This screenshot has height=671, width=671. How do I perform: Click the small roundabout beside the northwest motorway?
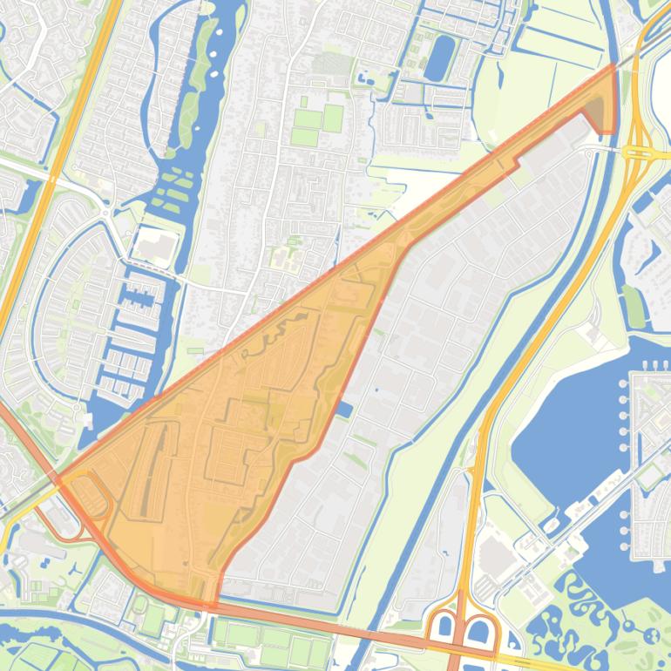[105, 212]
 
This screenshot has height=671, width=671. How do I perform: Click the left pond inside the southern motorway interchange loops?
[444, 626]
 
